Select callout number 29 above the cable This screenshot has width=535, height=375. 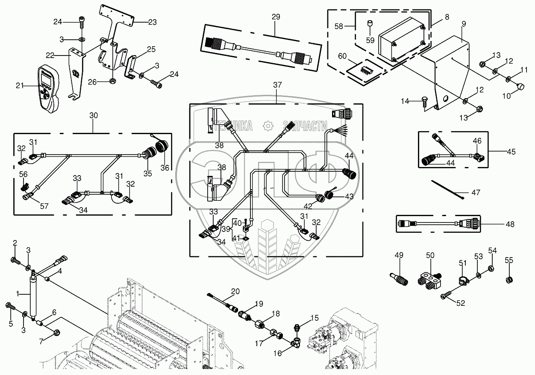276,17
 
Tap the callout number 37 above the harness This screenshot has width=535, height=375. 277,85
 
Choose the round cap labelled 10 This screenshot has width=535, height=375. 520,87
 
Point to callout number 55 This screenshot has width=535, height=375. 509,260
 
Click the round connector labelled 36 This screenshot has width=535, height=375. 164,147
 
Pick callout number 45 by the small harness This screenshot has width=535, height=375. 511,151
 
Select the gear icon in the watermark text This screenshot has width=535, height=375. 268,126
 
